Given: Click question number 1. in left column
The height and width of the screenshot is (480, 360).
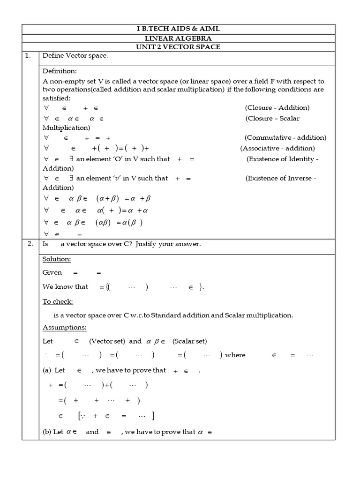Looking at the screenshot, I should pyautogui.click(x=28, y=56).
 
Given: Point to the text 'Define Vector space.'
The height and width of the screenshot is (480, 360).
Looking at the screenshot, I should pyautogui.click(x=75, y=56).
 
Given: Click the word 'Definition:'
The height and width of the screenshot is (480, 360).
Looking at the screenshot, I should pyautogui.click(x=60, y=71).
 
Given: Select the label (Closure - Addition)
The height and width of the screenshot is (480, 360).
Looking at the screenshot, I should pyautogui.click(x=277, y=108).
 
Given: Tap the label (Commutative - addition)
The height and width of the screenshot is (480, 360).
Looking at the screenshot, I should pyautogui.click(x=285, y=138).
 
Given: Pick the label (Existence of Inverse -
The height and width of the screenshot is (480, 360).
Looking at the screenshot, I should pyautogui.click(x=281, y=178).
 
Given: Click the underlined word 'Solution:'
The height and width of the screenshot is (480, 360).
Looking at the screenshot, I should pyautogui.click(x=57, y=259).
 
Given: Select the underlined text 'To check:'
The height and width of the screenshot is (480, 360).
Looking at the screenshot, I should pyautogui.click(x=58, y=301).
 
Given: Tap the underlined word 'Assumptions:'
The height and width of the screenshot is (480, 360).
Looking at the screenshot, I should pyautogui.click(x=65, y=327).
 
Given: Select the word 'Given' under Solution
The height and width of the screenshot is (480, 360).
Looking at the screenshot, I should pyautogui.click(x=52, y=272).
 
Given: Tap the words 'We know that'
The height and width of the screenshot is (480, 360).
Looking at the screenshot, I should pyautogui.click(x=65, y=286).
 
